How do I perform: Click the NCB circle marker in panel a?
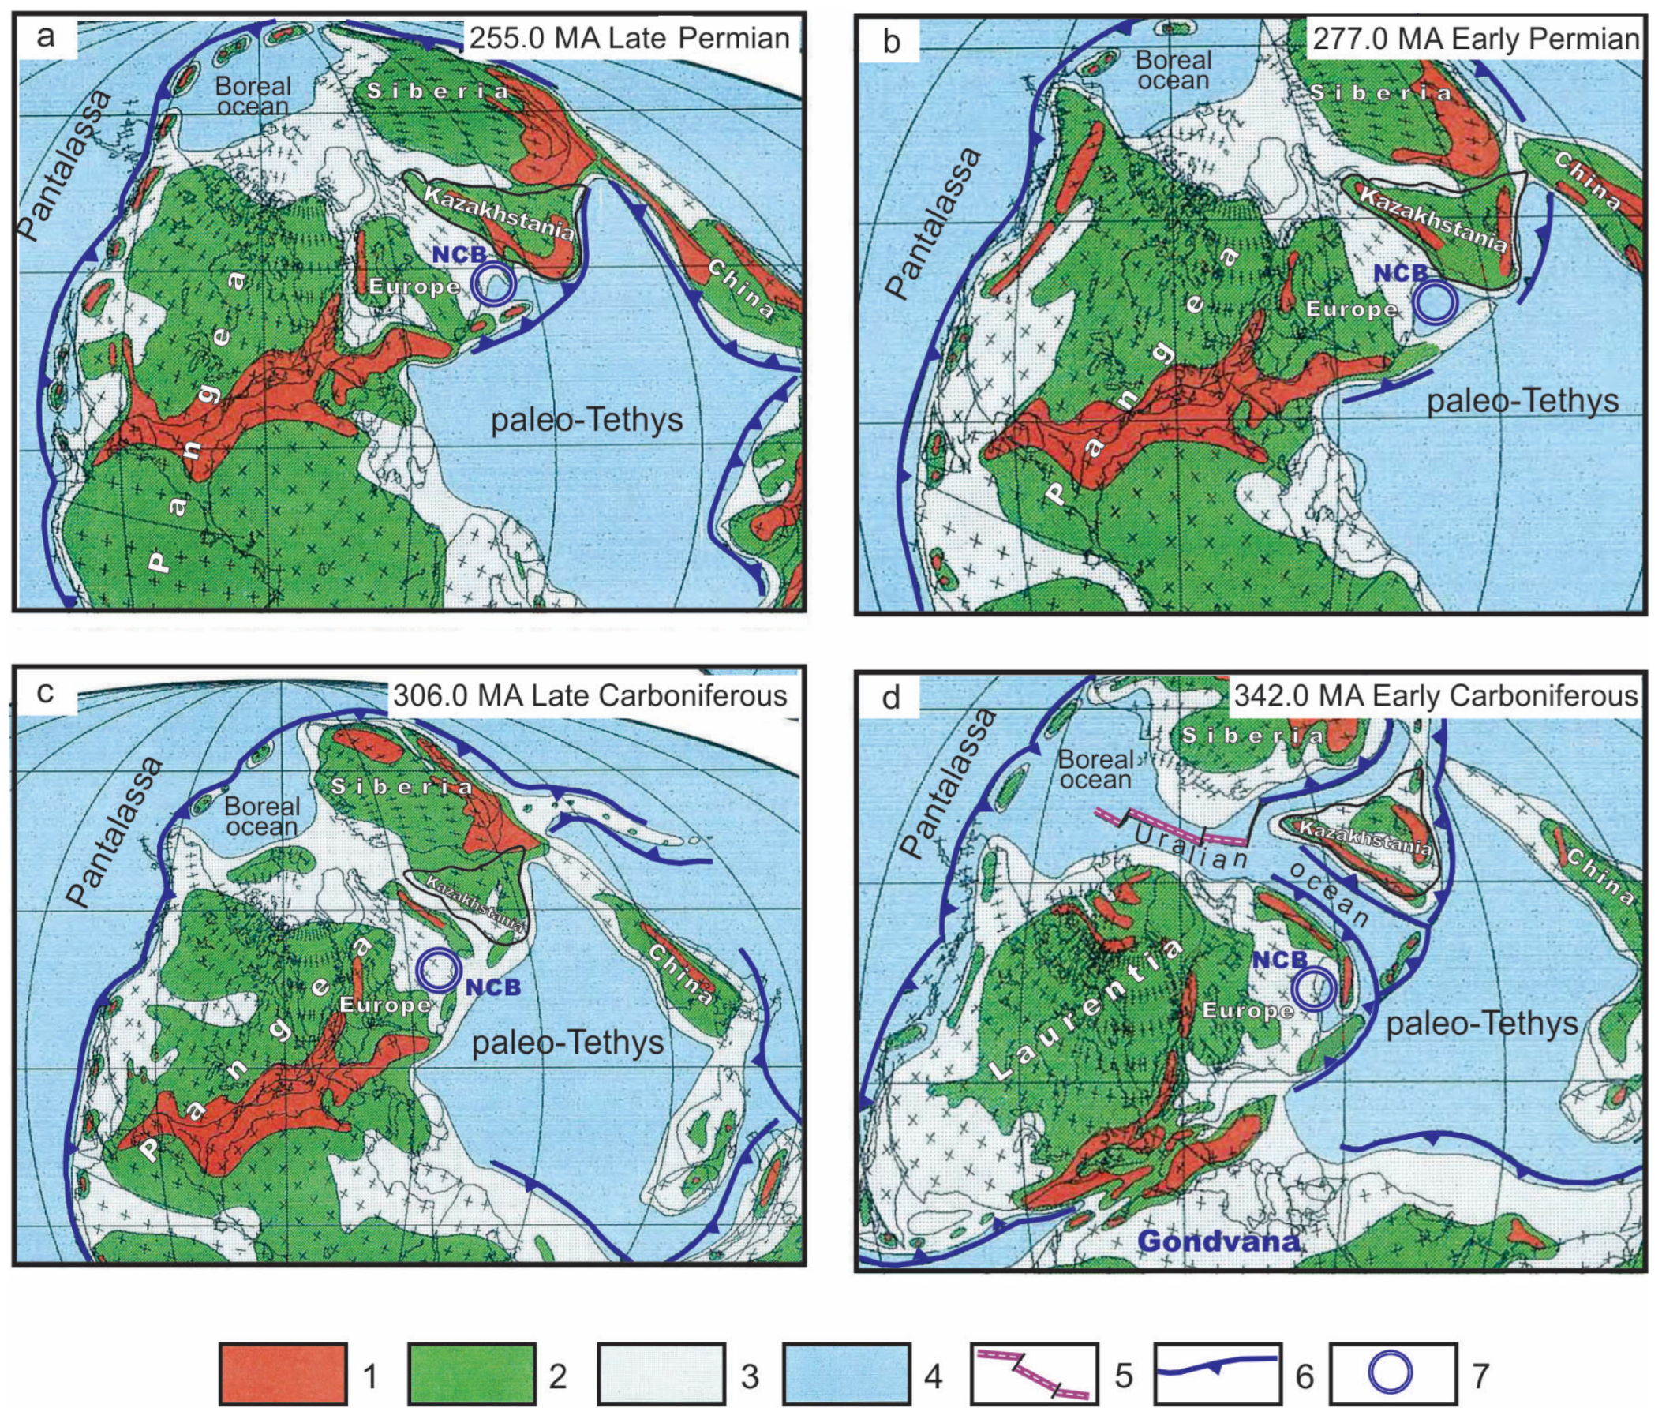494,285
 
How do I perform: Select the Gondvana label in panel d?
1218,1241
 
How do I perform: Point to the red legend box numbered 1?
283,1375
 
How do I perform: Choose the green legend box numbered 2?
471,1375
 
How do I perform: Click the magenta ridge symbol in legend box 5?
1033,1375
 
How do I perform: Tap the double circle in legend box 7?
1390,1373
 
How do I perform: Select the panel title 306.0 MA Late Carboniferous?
590,695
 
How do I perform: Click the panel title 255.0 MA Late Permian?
629,38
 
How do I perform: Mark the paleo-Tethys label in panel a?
586,421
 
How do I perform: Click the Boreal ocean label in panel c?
261,817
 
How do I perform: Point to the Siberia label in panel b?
1380,93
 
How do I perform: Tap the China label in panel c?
679,975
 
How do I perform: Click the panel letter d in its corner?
890,698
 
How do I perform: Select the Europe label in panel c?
385,1004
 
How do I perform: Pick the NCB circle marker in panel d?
1316,988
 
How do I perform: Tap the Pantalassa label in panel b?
935,223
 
